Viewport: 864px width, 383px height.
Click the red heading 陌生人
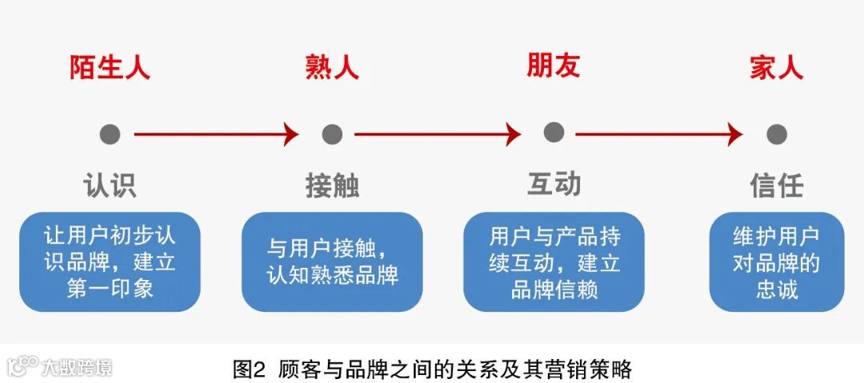[110, 67]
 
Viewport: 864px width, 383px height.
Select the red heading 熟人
[331, 67]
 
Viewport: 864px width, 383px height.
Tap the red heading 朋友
[553, 66]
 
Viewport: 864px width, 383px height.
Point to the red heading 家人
[776, 67]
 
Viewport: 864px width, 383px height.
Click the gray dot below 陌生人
[110, 134]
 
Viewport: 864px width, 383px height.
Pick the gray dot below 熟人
[332, 134]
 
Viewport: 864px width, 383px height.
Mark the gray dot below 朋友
[554, 133]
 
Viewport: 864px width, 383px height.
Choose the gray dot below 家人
[776, 134]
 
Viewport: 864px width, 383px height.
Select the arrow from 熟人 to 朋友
[437, 134]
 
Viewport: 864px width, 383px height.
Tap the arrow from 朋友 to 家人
[658, 134]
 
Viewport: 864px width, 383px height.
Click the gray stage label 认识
[110, 186]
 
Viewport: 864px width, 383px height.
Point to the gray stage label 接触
[332, 186]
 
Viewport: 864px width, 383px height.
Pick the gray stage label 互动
[554, 184]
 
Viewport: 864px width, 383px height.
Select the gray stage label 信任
[776, 186]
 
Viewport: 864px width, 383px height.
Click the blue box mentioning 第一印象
[110, 261]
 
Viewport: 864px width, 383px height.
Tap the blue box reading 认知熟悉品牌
[332, 261]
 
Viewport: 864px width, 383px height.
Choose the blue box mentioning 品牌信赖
[554, 261]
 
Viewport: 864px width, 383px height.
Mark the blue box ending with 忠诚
[776, 261]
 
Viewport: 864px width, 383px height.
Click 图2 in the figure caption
[248, 369]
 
